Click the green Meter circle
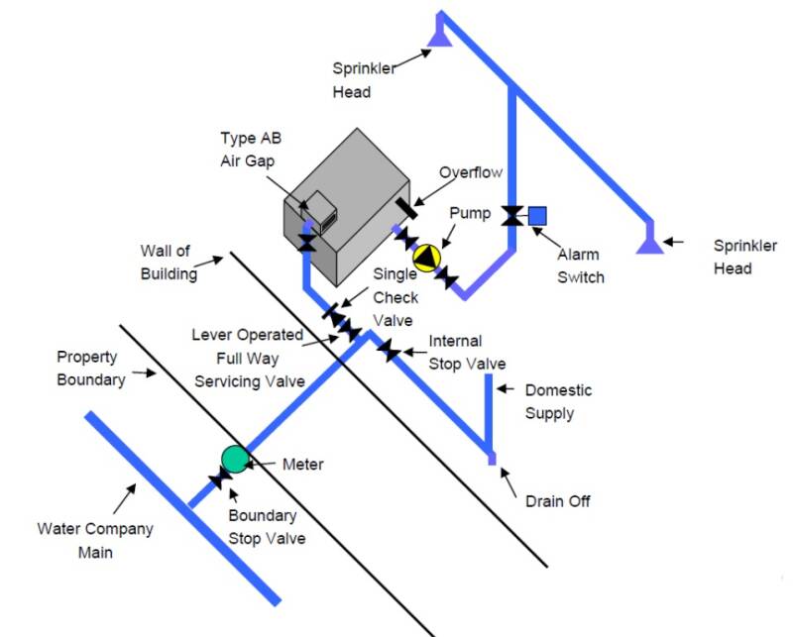tap(234, 458)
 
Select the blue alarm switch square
tap(536, 215)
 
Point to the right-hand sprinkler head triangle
tap(650, 240)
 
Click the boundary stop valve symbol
tap(220, 479)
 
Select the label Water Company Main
tap(95, 540)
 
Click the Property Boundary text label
tap(91, 368)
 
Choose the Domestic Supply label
tap(558, 401)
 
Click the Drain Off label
tap(558, 501)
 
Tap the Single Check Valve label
tap(396, 297)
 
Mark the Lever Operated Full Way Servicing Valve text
tap(248, 358)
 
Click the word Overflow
tap(471, 172)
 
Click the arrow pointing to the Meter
tap(263, 463)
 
